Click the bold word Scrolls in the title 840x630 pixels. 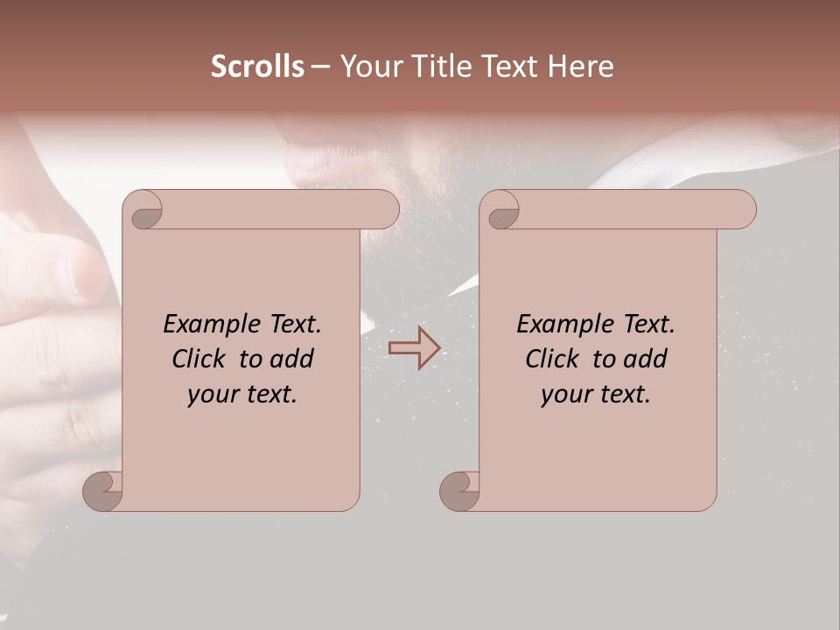click(x=257, y=66)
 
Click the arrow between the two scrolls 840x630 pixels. click(x=414, y=348)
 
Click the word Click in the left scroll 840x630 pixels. click(x=199, y=359)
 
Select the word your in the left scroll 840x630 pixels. click(x=211, y=395)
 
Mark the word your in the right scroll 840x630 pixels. click(x=564, y=395)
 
